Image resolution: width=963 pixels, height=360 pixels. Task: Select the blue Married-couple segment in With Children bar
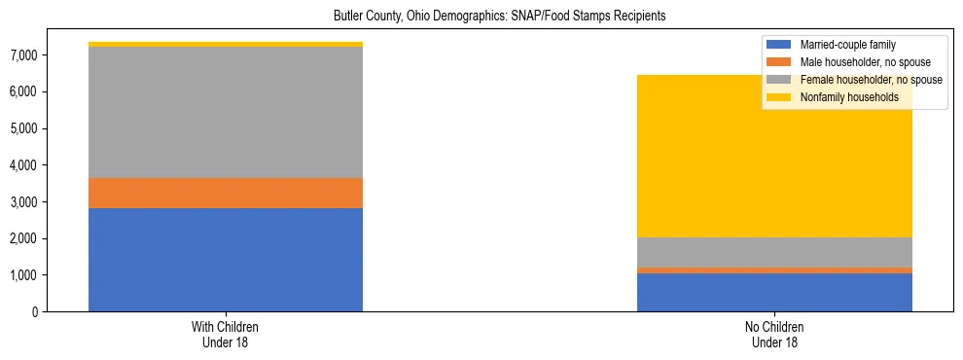point(226,260)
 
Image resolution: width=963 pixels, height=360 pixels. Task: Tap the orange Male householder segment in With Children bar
point(226,193)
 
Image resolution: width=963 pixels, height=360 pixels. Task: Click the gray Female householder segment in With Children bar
point(226,113)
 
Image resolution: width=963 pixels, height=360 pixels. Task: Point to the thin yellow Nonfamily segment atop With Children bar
point(226,44)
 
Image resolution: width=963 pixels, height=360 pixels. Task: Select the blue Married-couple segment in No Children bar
point(774,292)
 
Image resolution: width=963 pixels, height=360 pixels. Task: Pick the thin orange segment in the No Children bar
point(774,270)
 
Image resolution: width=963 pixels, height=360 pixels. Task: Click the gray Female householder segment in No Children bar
point(774,252)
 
